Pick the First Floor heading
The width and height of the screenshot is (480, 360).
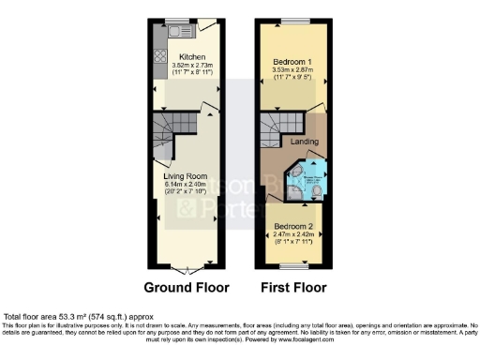295,286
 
